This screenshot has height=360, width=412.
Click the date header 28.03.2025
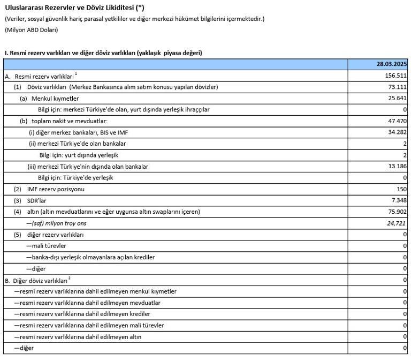click(x=392, y=64)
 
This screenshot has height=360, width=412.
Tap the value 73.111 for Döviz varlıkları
click(x=396, y=87)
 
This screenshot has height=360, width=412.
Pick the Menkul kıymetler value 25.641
click(x=396, y=99)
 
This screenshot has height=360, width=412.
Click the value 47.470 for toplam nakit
click(x=396, y=121)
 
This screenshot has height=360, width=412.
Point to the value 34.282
click(x=396, y=132)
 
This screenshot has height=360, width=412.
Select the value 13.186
click(x=396, y=167)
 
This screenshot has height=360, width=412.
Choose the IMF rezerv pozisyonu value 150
click(x=401, y=189)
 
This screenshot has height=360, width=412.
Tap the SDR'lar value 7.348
click(x=398, y=200)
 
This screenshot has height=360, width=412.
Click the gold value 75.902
click(x=396, y=212)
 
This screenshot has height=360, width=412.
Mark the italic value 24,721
click(x=396, y=223)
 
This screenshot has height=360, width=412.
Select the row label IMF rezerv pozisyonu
click(x=56, y=189)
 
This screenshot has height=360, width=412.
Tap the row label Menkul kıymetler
click(x=55, y=99)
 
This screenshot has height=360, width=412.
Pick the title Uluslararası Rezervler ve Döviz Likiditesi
click(x=74, y=8)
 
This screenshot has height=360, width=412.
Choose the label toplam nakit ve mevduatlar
click(x=70, y=121)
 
